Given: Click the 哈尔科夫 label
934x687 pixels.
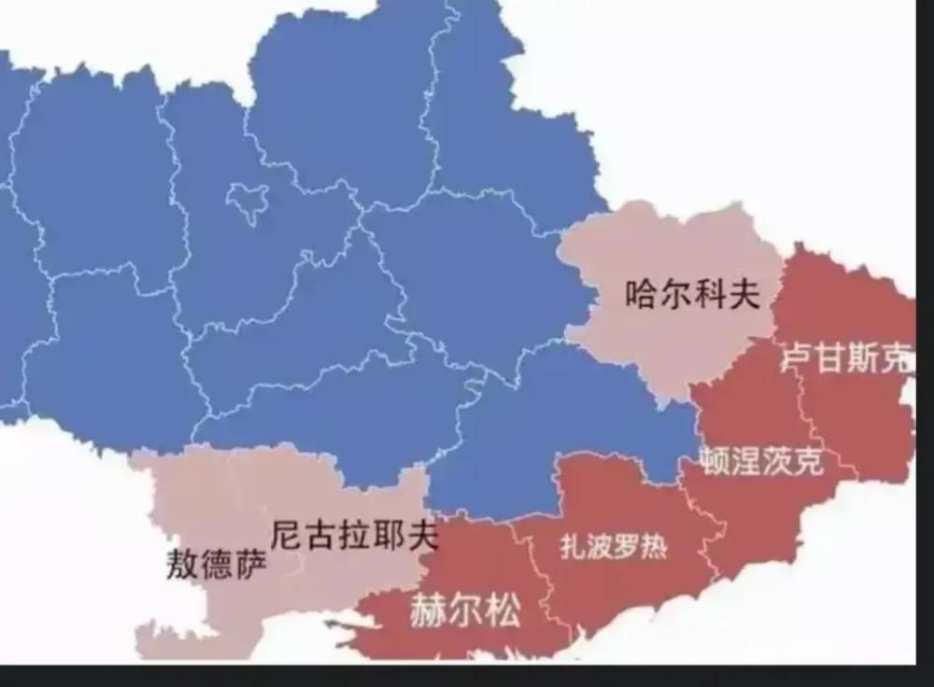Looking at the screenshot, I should (691, 296).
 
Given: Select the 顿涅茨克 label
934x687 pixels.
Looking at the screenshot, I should (762, 460).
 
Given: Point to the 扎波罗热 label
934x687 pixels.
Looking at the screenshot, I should (614, 547).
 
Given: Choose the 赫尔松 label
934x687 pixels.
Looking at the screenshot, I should (464, 612).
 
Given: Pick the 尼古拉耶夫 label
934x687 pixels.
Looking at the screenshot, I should (354, 535).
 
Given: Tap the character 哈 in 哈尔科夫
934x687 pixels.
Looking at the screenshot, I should (642, 296).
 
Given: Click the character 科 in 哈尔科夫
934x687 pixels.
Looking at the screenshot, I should (708, 296).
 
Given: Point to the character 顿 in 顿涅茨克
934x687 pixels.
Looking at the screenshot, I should (715, 460).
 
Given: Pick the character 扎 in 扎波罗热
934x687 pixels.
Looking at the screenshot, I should (573, 547).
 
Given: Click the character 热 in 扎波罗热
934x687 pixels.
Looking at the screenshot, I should (654, 547).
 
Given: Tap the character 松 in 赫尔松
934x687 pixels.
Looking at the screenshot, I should (502, 612).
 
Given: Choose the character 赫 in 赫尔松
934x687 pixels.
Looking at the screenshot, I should (427, 612).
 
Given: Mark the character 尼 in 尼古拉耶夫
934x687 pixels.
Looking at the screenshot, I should (287, 535).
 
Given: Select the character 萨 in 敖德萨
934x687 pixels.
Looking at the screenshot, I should (250, 564).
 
